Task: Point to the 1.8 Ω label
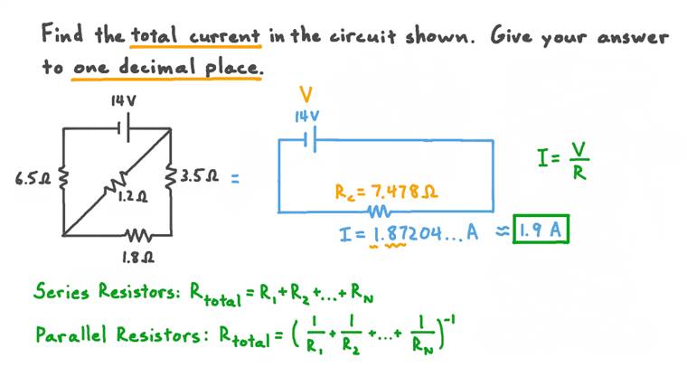[x=138, y=256]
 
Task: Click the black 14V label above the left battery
[x=123, y=101]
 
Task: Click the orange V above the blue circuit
[x=306, y=95]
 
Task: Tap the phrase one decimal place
[x=167, y=68]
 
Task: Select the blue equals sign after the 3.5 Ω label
[x=235, y=178]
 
